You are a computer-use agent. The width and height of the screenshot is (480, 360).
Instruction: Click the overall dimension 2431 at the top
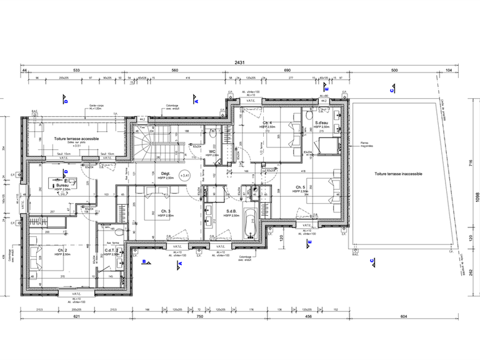pos(239,63)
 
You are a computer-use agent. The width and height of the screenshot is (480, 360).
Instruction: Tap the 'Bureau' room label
pos(62,186)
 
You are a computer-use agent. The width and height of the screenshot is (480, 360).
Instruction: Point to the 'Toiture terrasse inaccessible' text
pos(398,174)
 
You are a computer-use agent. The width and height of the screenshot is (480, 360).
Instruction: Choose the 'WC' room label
pos(212,151)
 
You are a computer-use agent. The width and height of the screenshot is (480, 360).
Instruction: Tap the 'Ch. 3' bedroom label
pos(166,211)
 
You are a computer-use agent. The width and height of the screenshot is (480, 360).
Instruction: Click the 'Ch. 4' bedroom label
pos(267,122)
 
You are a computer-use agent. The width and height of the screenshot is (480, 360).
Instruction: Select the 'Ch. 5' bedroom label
pos(301,187)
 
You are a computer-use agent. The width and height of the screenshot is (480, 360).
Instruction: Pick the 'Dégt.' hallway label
pos(166,175)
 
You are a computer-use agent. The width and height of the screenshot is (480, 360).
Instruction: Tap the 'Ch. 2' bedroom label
pos(61,251)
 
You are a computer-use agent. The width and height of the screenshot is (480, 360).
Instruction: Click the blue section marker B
pos(144,262)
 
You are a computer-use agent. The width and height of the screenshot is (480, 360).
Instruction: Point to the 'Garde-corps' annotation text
pos(96,106)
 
